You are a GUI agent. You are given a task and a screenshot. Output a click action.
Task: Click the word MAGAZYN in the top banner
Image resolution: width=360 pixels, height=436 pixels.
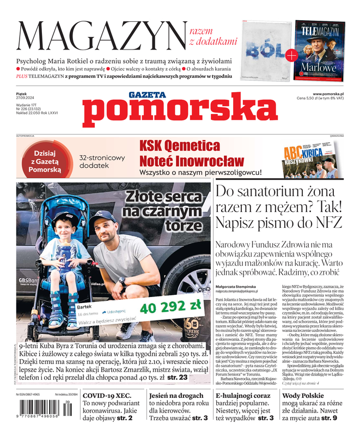(100, 35)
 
